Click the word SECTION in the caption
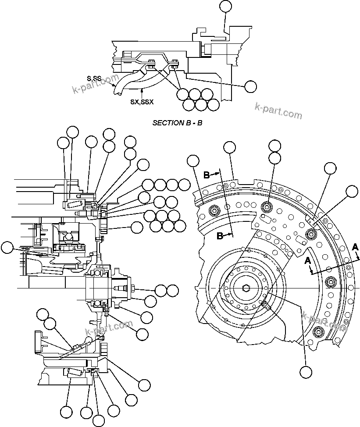pos(165,123)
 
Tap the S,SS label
pos(94,78)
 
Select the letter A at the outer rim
pos(354,247)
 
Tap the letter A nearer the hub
pos(308,261)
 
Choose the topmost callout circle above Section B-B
pos(225,5)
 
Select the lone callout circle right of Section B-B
pos(250,86)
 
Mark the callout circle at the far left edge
pos(7,248)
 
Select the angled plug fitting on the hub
pos(265,304)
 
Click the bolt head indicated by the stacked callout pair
pos(267,206)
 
